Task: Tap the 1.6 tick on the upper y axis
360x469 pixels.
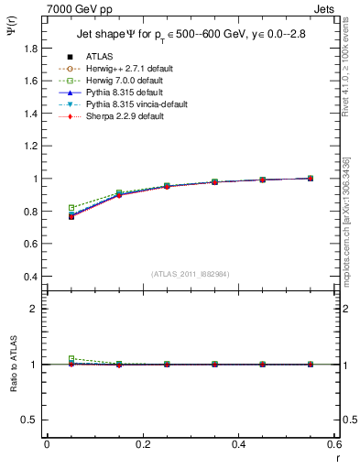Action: point(33,81)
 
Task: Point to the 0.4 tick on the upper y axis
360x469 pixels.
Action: point(33,277)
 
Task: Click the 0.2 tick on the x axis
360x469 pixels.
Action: point(143,444)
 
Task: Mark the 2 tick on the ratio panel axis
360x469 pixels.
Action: point(38,309)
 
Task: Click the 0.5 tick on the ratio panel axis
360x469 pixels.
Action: point(33,420)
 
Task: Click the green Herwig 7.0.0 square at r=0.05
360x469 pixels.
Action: point(71,208)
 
